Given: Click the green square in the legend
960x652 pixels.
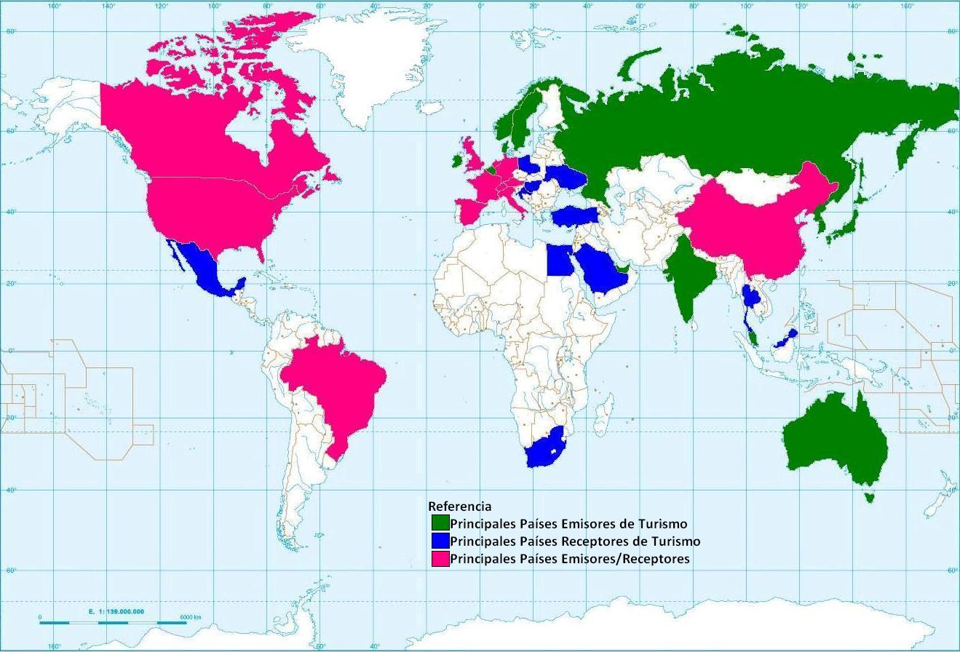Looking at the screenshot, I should pyautogui.click(x=440, y=523).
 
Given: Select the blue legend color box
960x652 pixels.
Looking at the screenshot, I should pyautogui.click(x=440, y=541).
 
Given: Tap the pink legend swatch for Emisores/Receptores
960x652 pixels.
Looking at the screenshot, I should pyautogui.click(x=440, y=559).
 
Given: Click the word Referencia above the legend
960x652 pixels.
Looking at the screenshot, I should pyautogui.click(x=459, y=506).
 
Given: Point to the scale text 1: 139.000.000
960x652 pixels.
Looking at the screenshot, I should pyautogui.click(x=116, y=612).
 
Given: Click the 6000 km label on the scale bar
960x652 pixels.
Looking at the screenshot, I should pyautogui.click(x=190, y=617).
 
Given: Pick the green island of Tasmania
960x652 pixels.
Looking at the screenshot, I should pyautogui.click(x=867, y=498).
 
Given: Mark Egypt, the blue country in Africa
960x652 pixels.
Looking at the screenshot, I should pyautogui.click(x=560, y=261).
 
